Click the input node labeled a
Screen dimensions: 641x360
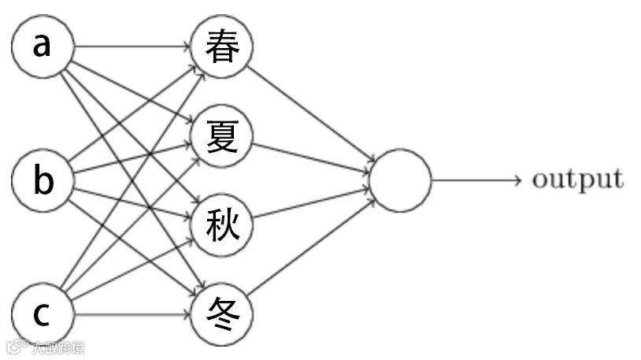pyautogui.click(x=43, y=46)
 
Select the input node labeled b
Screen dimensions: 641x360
pyautogui.click(x=43, y=181)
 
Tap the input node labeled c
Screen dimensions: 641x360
pyautogui.click(x=43, y=316)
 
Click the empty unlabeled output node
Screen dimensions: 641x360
pyautogui.click(x=400, y=180)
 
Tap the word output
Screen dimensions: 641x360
pyautogui.click(x=577, y=180)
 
